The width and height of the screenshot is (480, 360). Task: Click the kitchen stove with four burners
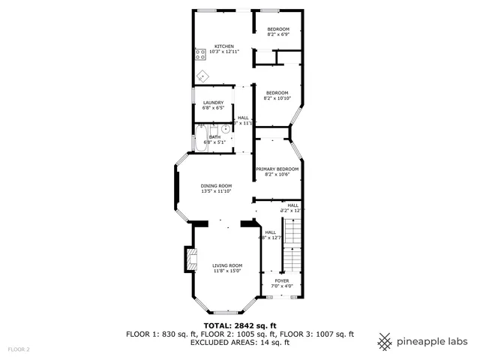coord(200,54)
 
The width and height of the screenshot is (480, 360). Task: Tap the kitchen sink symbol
coord(202,76)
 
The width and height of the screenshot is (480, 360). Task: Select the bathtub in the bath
coord(201,138)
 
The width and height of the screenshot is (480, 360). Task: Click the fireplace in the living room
coord(189,260)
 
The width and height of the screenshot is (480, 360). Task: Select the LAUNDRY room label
coord(213,102)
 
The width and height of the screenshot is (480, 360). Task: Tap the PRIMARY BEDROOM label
coord(277,169)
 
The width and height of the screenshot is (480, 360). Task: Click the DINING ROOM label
coord(216,185)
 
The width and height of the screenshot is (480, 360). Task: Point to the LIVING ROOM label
coord(226,265)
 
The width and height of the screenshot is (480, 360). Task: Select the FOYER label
coord(282,280)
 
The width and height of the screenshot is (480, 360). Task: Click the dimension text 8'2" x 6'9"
coord(278,34)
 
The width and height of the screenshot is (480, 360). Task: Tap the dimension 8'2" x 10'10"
coord(277,98)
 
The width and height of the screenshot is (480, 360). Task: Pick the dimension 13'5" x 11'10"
coord(216,191)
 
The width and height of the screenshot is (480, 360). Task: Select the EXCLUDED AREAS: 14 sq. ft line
coord(240,342)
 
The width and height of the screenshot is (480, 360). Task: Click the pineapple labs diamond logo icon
coord(385,341)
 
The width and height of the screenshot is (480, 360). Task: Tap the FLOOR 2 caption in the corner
coord(19,349)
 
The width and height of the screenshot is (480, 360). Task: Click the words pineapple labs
coord(433,341)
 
